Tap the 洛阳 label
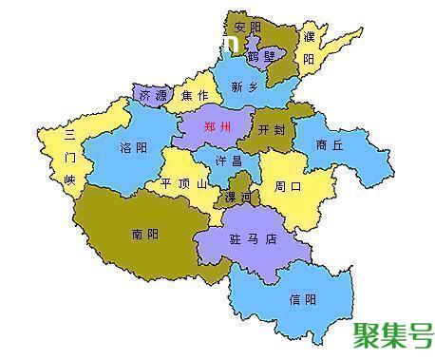point(133,149)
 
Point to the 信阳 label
point(303,298)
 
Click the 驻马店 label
point(257,239)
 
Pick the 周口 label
point(289,186)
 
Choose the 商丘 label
point(330,145)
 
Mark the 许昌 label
point(229,161)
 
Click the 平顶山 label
point(181,183)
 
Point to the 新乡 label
point(244,86)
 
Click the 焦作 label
point(195,95)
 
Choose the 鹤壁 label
point(259,56)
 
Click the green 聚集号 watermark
point(392,335)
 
